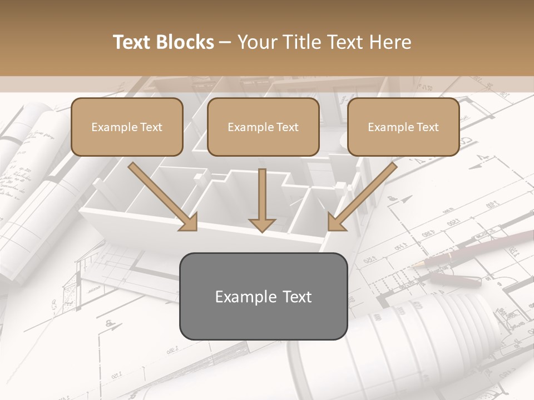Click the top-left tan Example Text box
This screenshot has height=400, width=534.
pos(127,127)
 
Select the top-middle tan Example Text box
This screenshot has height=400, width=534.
pos(263,127)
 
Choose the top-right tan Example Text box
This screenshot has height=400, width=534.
pos(403,127)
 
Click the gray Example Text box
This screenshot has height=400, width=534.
pos(263,297)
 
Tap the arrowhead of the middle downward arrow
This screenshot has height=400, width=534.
pos(263,224)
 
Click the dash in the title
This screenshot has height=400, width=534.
pos(225,42)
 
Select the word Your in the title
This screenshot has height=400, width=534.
pos(256,42)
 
